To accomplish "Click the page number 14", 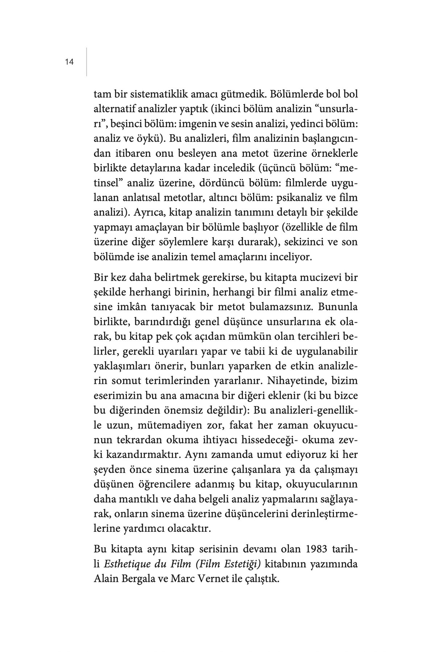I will pyautogui.click(x=69, y=62).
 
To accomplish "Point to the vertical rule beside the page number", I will pyautogui.click(x=87, y=62).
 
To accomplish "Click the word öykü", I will pyautogui.click(x=148, y=139).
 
